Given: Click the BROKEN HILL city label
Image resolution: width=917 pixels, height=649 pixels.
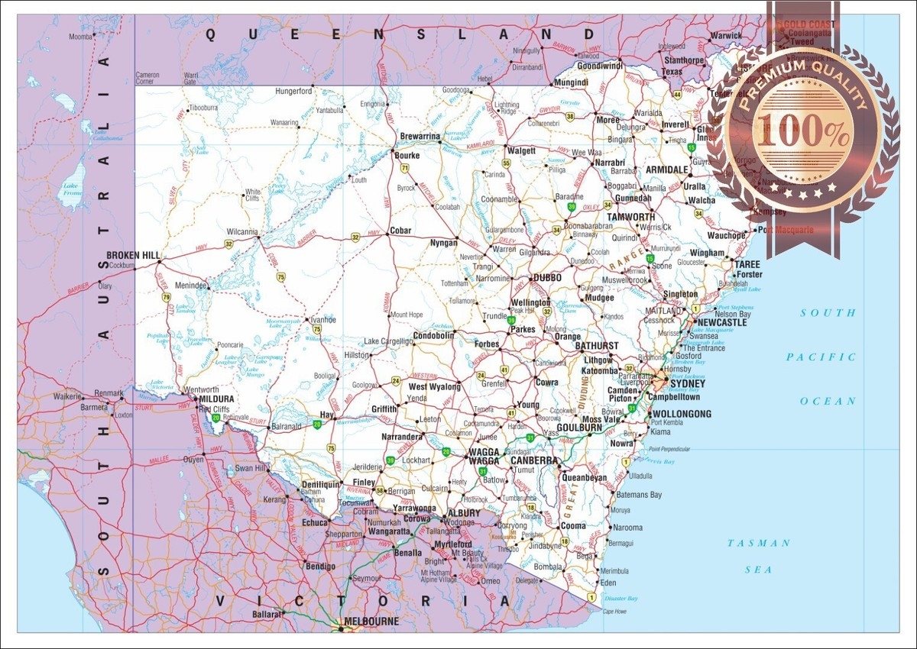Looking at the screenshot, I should [133, 255].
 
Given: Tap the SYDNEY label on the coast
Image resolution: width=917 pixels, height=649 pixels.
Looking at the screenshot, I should [687, 383].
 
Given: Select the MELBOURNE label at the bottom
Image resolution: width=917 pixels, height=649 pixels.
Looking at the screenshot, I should [371, 622].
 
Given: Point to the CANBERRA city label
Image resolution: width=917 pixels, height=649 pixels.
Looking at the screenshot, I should [534, 461].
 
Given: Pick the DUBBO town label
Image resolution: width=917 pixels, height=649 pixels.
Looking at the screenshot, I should [547, 278].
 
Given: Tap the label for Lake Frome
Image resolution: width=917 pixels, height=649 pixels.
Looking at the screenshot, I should [71, 189].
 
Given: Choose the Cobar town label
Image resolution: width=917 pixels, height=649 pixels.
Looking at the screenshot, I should [400, 231].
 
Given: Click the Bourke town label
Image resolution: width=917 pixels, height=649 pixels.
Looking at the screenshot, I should [407, 155].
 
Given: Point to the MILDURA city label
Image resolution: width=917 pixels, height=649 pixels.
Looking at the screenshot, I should [216, 399].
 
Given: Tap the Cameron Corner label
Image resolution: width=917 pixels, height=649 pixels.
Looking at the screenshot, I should [147, 78].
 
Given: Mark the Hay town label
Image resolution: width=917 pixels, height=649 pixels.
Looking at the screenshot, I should [326, 414].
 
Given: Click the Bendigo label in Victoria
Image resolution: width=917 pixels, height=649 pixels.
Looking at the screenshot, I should [319, 566].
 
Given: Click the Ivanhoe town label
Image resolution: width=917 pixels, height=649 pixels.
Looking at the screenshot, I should [322, 320].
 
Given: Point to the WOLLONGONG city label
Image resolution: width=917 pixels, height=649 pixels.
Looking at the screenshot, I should [682, 414].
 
